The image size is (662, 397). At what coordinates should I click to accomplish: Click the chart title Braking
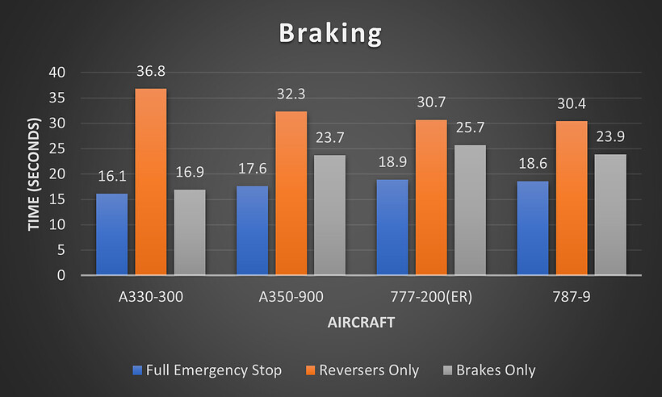click(x=330, y=34)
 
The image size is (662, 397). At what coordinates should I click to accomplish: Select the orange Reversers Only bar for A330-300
click(x=151, y=182)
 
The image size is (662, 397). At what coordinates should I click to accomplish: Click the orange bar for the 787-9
click(x=572, y=198)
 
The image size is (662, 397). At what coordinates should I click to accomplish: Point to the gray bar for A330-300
click(x=190, y=232)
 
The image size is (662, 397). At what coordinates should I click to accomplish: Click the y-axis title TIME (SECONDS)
click(x=34, y=174)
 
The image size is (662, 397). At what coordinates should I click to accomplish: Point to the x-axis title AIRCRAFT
click(x=361, y=322)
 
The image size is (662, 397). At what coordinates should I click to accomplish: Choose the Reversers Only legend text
click(x=370, y=370)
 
